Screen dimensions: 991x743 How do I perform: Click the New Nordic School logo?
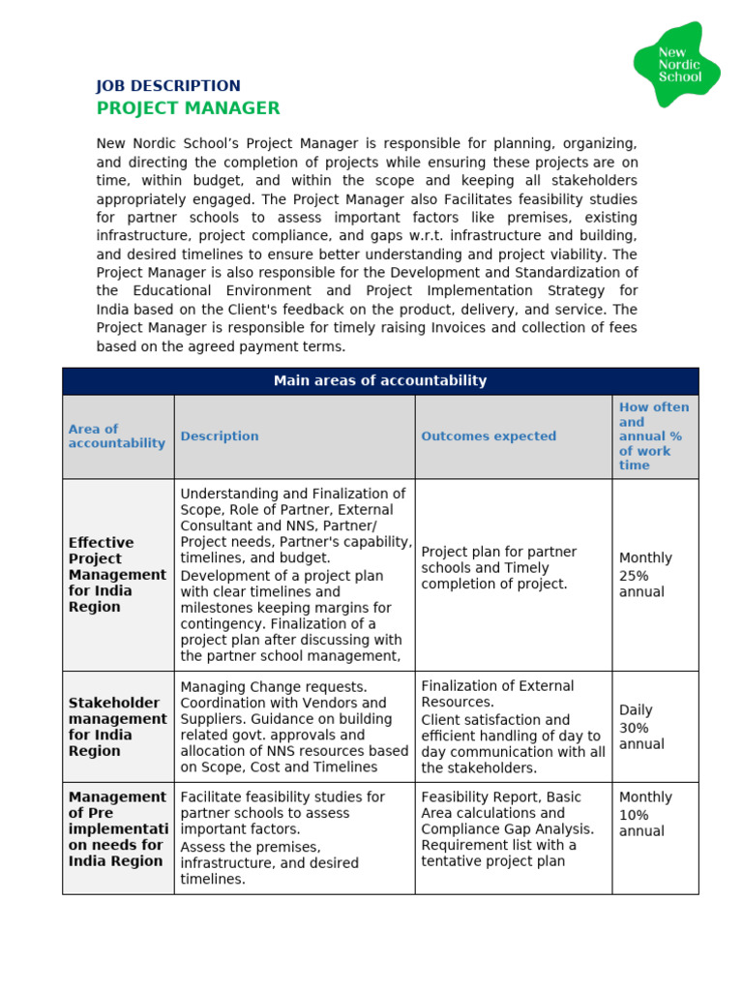677,65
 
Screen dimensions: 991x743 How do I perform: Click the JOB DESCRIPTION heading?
168,86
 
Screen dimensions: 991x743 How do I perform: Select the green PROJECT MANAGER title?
188,108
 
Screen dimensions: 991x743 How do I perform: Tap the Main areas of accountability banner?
380,380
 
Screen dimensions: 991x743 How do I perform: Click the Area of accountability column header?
116,435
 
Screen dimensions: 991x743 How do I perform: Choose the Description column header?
220,436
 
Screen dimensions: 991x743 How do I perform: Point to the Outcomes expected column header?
489,436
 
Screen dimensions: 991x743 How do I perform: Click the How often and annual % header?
654,435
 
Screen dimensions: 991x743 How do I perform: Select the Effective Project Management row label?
117,574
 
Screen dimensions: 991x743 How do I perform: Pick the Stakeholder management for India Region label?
117,726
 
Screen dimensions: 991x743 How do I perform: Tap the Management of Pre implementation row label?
117,828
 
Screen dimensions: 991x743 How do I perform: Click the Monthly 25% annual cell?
645,575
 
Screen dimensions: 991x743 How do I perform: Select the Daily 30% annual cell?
641,727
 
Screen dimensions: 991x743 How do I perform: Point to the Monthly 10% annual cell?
645,814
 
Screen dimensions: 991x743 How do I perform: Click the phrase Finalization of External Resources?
497,693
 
